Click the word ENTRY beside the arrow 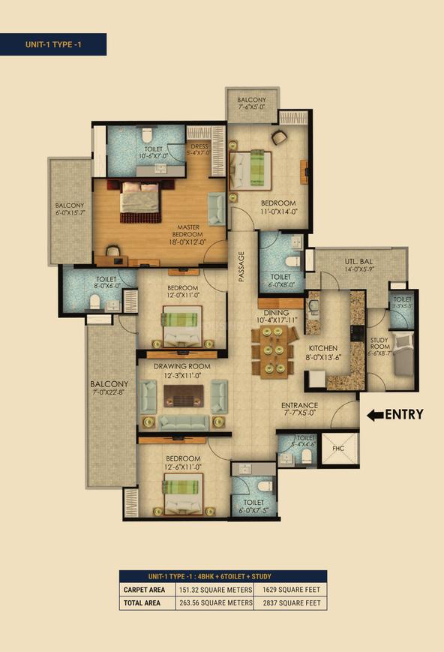(404, 414)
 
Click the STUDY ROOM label (380, 342)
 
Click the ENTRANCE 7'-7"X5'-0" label (301, 408)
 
